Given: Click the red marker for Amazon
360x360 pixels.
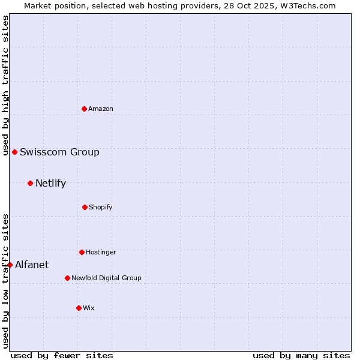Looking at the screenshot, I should pyautogui.click(x=84, y=109).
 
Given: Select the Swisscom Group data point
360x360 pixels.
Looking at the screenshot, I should pyautogui.click(x=14, y=152).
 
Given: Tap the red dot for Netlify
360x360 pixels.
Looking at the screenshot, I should pyautogui.click(x=30, y=183).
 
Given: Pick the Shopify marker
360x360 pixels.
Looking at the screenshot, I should pyautogui.click(x=85, y=207).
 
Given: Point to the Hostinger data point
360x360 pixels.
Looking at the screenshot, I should pyautogui.click(x=82, y=252).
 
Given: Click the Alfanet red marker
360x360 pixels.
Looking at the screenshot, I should pyautogui.click(x=10, y=265).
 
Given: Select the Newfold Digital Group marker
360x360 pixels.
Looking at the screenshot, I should pyautogui.click(x=67, y=278).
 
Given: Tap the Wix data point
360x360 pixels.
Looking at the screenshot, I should pyautogui.click(x=79, y=308).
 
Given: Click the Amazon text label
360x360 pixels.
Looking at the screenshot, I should pyautogui.click(x=101, y=109).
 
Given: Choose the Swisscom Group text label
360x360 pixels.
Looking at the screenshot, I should pyautogui.click(x=59, y=152).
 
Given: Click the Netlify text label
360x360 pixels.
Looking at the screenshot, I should pyautogui.click(x=50, y=183).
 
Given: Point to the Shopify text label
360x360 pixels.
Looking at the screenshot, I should pyautogui.click(x=101, y=207).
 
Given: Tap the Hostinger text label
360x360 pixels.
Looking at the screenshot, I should pyautogui.click(x=101, y=252).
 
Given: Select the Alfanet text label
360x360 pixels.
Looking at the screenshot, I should pyautogui.click(x=32, y=265).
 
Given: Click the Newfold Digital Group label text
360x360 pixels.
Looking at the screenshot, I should pyautogui.click(x=106, y=278).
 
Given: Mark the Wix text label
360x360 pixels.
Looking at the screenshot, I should pyautogui.click(x=89, y=308).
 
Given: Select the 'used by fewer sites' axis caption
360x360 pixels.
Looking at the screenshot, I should pyautogui.click(x=62, y=355).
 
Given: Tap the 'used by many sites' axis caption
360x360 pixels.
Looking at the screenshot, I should pyautogui.click(x=301, y=355).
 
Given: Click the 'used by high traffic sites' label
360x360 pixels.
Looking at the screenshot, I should pyautogui.click(x=5, y=85).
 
